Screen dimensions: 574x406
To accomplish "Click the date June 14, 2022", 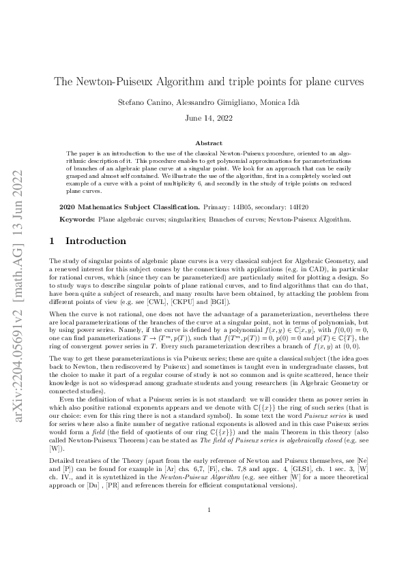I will (203, 117).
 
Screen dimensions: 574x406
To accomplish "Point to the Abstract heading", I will (203, 143).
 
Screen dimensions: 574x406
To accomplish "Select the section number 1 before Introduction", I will (54, 241).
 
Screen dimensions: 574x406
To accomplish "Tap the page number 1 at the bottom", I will (203, 528).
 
